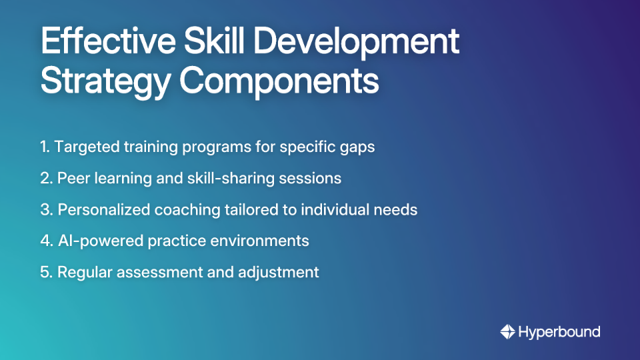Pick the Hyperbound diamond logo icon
click(507, 331)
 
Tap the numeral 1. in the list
click(45, 147)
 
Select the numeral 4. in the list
click(47, 241)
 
